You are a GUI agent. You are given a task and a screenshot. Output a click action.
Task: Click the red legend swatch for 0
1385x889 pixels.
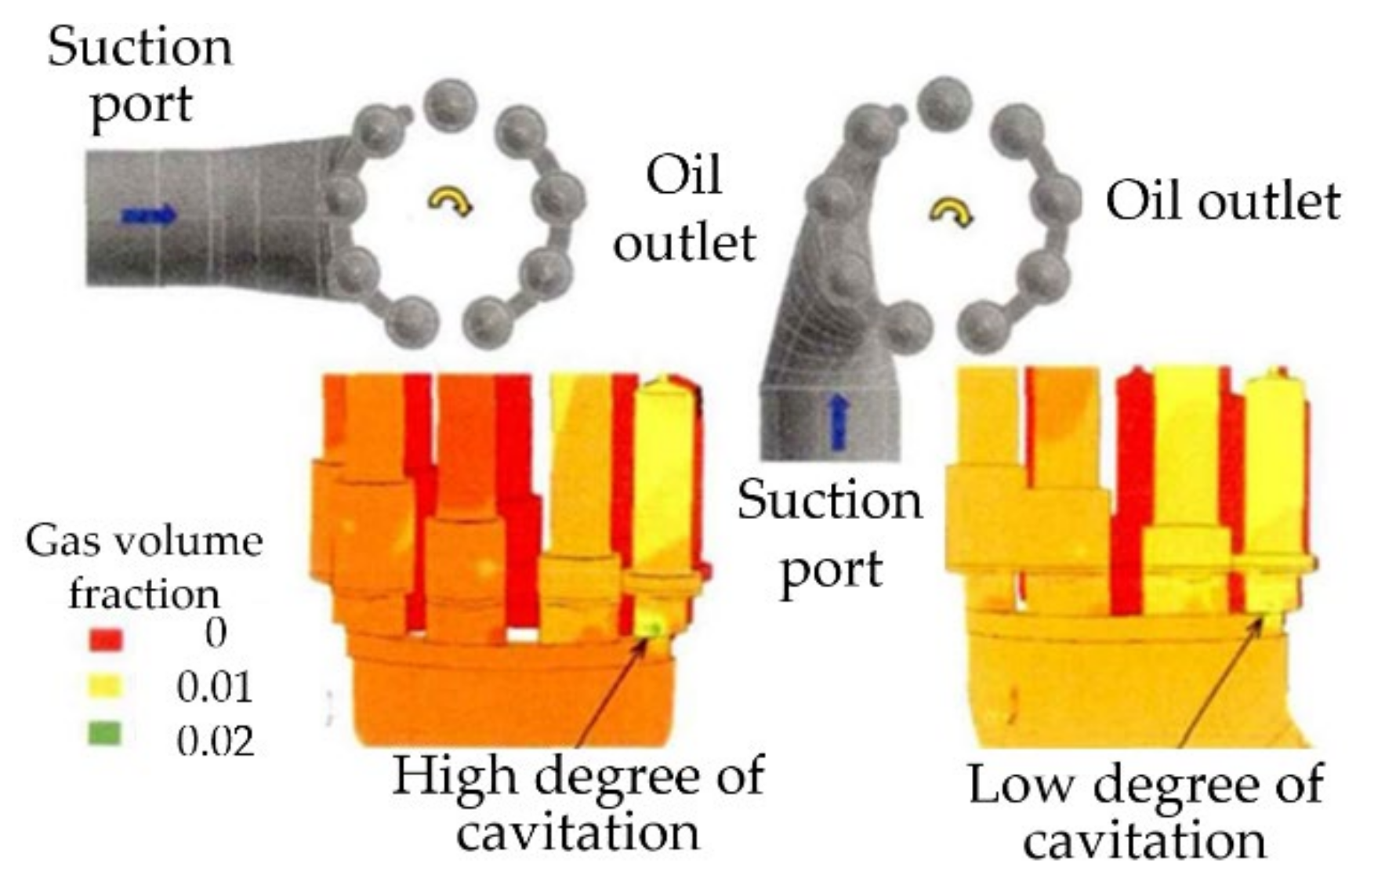[x=106, y=639]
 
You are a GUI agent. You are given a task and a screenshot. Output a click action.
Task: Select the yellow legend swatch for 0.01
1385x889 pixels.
[x=106, y=688]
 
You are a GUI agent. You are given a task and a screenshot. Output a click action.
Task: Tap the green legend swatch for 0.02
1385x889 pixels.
[x=106, y=735]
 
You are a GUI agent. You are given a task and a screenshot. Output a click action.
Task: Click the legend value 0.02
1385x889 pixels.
[x=215, y=741]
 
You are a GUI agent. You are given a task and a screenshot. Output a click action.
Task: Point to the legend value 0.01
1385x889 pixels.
[x=215, y=688]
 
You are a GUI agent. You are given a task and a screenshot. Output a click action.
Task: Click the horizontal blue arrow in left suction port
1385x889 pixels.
[x=149, y=214]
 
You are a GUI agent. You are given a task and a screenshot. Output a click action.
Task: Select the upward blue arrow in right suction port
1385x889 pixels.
[x=838, y=423]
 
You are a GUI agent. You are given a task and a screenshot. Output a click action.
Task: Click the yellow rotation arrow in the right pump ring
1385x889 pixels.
[x=951, y=210]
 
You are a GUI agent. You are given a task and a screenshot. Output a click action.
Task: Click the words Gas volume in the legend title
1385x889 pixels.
[x=144, y=542]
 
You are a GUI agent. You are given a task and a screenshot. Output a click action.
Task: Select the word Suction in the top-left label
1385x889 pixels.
[x=140, y=47]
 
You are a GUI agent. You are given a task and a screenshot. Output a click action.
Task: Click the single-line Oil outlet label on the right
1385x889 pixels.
[x=1222, y=201]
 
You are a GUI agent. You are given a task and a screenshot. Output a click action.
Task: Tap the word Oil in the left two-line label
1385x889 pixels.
[x=683, y=176]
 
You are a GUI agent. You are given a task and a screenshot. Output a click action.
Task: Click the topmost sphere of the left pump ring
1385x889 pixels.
[x=450, y=103]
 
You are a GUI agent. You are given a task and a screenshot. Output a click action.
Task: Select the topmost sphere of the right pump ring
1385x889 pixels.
[x=943, y=103]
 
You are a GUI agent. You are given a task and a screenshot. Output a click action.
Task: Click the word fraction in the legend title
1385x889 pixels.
[x=144, y=593]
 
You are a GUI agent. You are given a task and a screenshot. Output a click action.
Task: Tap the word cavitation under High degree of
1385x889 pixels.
[x=578, y=833]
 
